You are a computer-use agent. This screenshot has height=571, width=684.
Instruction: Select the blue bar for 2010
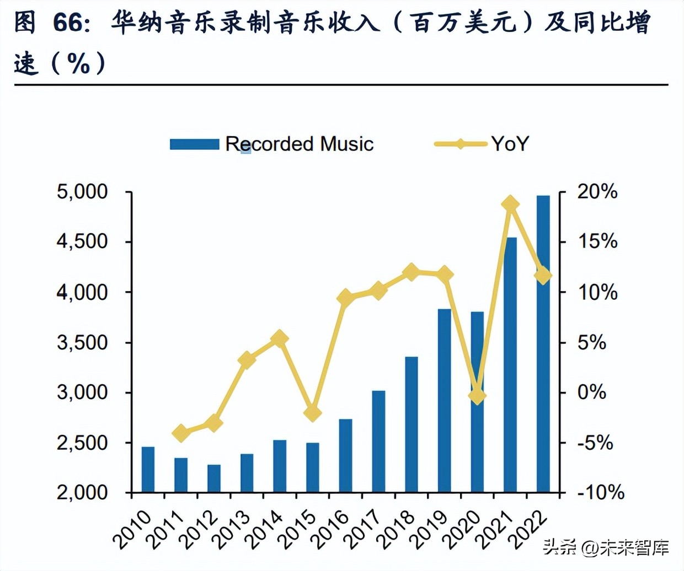pyautogui.click(x=148, y=469)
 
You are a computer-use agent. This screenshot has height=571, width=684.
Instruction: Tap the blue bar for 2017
pyautogui.click(x=378, y=441)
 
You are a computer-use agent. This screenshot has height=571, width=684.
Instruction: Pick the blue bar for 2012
pyautogui.click(x=214, y=478)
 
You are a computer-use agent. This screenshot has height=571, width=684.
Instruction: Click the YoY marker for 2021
pyautogui.click(x=510, y=204)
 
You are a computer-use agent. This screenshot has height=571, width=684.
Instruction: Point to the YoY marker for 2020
pyautogui.click(x=477, y=395)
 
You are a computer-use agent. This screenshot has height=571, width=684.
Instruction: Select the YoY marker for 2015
pyautogui.click(x=313, y=413)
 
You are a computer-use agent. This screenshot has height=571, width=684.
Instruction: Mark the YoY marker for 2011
pyautogui.click(x=181, y=433)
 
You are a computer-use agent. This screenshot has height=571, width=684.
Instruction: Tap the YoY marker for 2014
pyautogui.click(x=280, y=338)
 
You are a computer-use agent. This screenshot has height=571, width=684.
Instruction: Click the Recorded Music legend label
pyautogui.click(x=300, y=144)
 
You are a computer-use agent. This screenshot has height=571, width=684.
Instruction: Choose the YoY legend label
pyautogui.click(x=510, y=144)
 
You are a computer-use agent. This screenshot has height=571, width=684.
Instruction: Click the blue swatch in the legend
pyautogui.click(x=194, y=144)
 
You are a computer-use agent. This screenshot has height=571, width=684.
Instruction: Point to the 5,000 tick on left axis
pyautogui.click(x=82, y=192)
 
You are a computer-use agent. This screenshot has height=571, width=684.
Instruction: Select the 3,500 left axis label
pyautogui.click(x=82, y=342)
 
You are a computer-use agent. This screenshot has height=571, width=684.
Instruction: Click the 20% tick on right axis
pyautogui.click(x=597, y=192)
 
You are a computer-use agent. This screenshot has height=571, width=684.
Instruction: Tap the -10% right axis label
pyautogui.click(x=600, y=492)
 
